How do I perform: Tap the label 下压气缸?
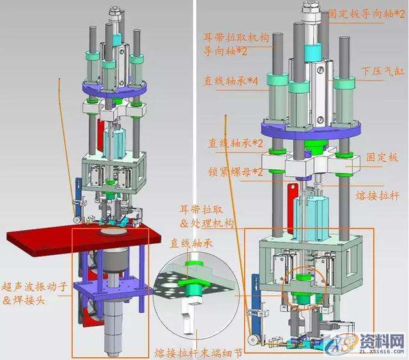click(379, 71)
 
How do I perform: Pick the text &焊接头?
click(26, 300)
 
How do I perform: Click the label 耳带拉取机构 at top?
click(236, 38)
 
